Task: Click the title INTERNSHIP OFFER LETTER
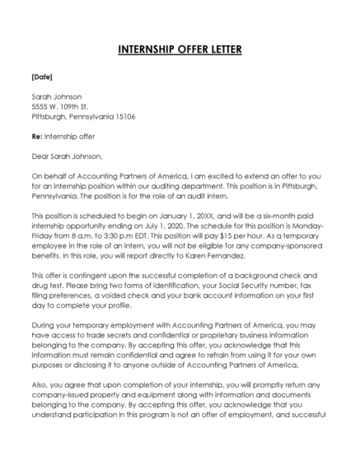(180, 50)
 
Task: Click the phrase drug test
(48, 287)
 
